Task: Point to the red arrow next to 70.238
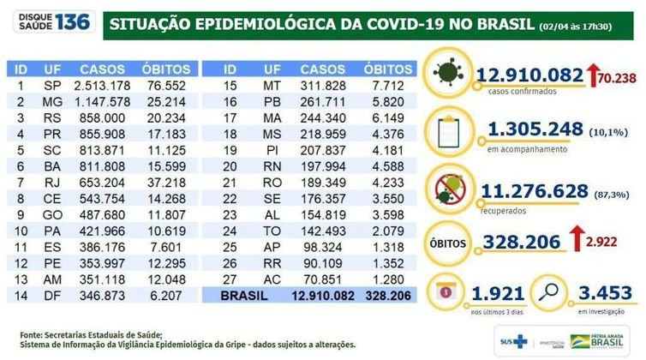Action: [591, 76]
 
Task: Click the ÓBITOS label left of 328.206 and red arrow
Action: [450, 244]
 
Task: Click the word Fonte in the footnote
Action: [33, 334]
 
